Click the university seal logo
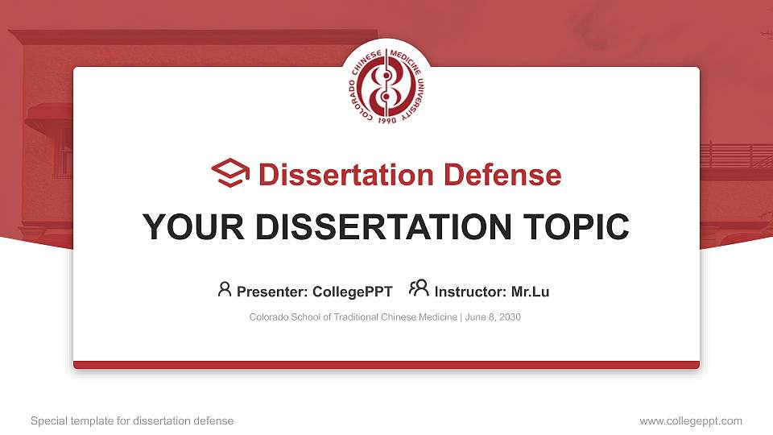click(x=386, y=87)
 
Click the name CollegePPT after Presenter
click(x=353, y=292)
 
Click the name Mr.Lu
click(x=530, y=292)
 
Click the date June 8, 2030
click(x=493, y=317)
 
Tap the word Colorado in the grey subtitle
click(x=268, y=317)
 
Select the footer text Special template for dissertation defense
click(x=132, y=420)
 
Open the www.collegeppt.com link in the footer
click(x=691, y=420)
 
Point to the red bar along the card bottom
click(x=386, y=365)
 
